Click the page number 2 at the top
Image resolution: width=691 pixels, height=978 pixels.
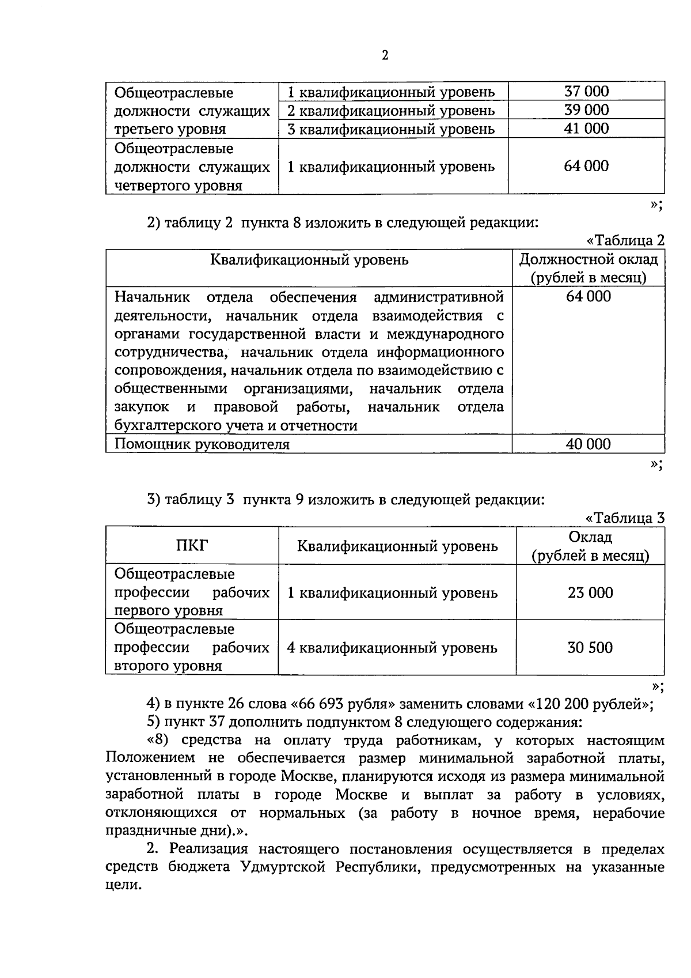pos(385,55)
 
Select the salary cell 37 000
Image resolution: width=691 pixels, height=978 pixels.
pos(586,91)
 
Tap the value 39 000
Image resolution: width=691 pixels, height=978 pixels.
pos(586,109)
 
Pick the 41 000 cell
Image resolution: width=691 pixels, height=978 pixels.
pos(586,128)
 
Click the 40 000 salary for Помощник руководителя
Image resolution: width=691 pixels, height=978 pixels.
pos(588,444)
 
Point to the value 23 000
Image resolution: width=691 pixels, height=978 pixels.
pos(590,592)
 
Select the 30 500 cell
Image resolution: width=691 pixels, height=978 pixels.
pos(590,647)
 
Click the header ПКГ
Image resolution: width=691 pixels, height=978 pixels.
pos(192,545)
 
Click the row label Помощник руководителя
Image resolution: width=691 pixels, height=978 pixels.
pos(202,444)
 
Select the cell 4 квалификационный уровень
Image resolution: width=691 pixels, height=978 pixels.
pos(392,648)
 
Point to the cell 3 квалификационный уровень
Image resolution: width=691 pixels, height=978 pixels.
pos(391,129)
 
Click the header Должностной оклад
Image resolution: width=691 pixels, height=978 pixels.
pos(589,259)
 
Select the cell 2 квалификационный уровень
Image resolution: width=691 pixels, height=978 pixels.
pos(391,110)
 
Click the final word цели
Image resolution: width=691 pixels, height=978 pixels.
pos(123,886)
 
